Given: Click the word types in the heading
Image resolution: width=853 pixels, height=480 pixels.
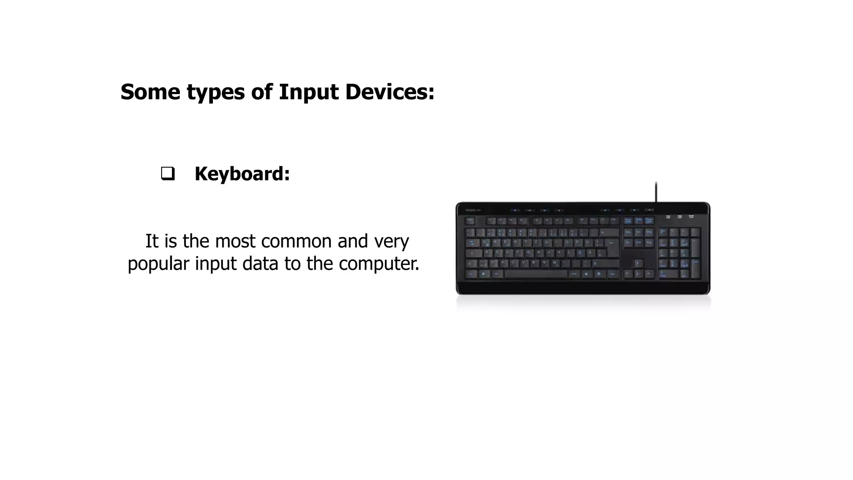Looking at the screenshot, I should pos(216,92).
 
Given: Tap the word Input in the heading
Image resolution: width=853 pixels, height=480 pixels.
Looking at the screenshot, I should pos(309,92).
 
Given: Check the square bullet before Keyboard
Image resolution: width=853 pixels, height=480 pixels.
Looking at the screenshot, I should pos(167,173).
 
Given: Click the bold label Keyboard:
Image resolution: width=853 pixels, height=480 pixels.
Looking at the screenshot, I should pos(242,174).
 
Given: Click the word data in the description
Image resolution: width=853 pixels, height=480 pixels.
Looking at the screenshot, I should pos(260,263).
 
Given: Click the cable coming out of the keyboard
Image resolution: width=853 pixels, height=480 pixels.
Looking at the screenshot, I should pos(656,192).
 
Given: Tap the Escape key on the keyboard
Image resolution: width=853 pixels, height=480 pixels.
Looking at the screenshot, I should pos(470,221).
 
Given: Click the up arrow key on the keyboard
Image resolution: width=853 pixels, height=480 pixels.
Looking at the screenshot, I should pos(638,263).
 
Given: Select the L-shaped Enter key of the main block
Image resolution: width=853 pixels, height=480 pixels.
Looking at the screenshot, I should pos(612,248).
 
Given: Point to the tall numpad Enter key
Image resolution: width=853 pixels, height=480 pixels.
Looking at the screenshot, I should pos(695,269).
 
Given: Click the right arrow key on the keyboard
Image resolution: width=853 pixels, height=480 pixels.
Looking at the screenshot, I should pos(648,274).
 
